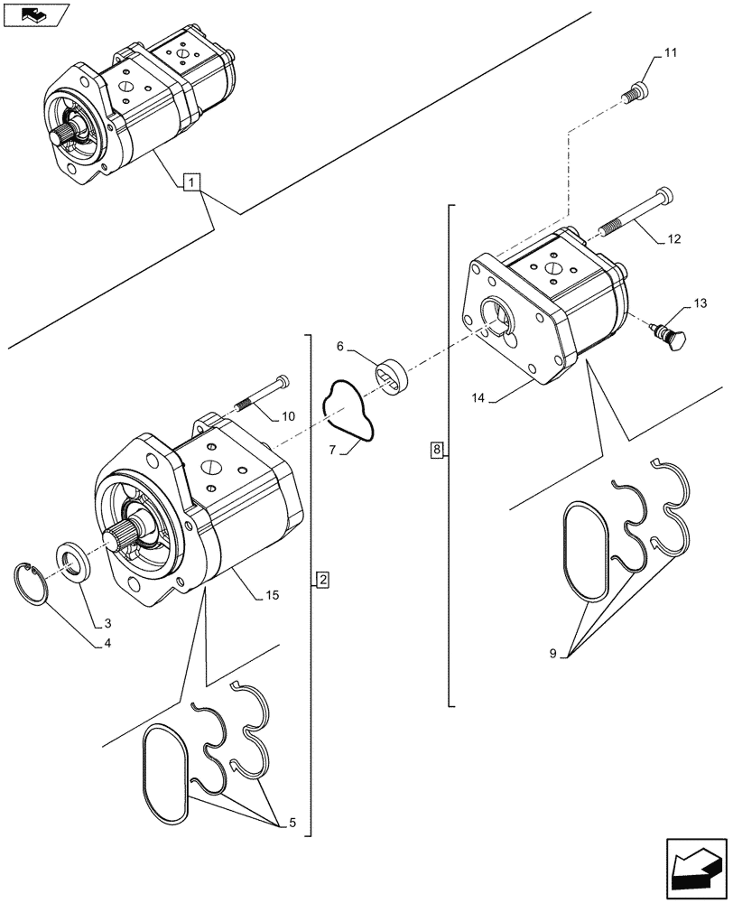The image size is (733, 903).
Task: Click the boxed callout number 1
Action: pos(190,182)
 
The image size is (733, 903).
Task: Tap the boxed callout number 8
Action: pos(437,449)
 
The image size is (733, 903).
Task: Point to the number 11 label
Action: pos(669,55)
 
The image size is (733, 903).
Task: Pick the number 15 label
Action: pos(271,596)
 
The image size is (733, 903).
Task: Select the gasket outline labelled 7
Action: pos(350,411)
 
